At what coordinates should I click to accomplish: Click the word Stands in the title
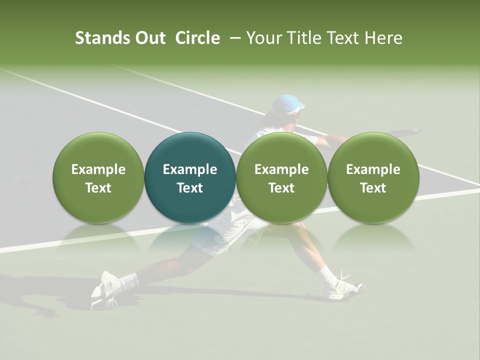pos(98,38)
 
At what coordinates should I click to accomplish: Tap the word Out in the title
pos(149,38)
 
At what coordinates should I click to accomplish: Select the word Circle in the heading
pos(197,38)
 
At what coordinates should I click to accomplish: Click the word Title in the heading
pos(298,38)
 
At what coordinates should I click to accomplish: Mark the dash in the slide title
pos(233,38)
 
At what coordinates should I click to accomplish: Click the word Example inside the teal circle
pos(190,169)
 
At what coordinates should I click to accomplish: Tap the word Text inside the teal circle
pos(190,188)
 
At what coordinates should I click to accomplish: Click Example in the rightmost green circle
pos(373,169)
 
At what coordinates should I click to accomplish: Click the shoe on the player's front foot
pos(343,288)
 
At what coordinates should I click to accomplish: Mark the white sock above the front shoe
pos(327,274)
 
